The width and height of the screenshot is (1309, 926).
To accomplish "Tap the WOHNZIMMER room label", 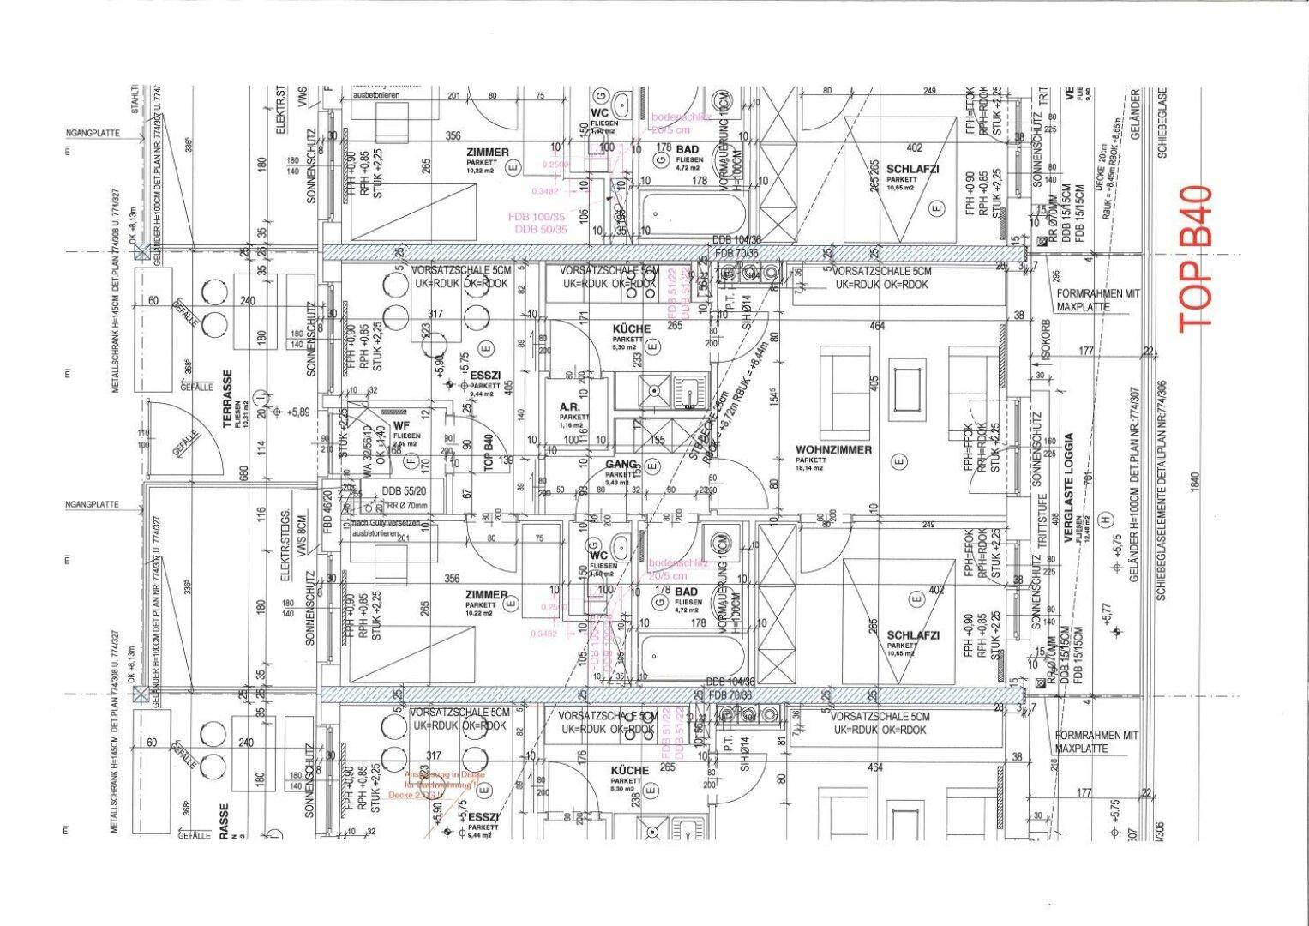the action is tap(833, 450).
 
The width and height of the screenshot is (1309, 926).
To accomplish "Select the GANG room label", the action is tap(621, 465).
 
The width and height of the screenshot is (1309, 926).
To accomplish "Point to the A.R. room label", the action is tap(572, 408).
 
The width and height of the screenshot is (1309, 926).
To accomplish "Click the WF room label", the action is tap(401, 426).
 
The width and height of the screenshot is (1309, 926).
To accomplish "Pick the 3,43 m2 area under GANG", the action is tap(617, 484).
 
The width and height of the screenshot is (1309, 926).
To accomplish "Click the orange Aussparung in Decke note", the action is tap(435, 785).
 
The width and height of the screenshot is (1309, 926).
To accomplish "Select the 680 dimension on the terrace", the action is tap(244, 473).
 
